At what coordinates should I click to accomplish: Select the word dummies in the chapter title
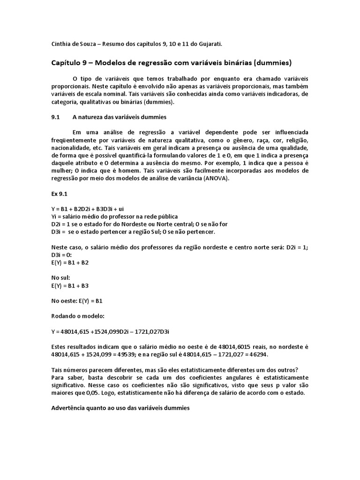point(273,62)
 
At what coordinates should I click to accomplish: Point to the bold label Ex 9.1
point(59,193)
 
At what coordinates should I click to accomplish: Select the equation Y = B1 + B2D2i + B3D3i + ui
point(87,209)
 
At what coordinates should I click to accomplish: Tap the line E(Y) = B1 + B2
point(70,262)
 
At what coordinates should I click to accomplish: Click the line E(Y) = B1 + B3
point(70,285)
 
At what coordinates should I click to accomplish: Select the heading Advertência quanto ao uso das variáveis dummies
point(120,408)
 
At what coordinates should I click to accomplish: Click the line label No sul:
point(60,277)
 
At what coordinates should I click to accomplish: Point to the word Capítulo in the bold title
point(67,62)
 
